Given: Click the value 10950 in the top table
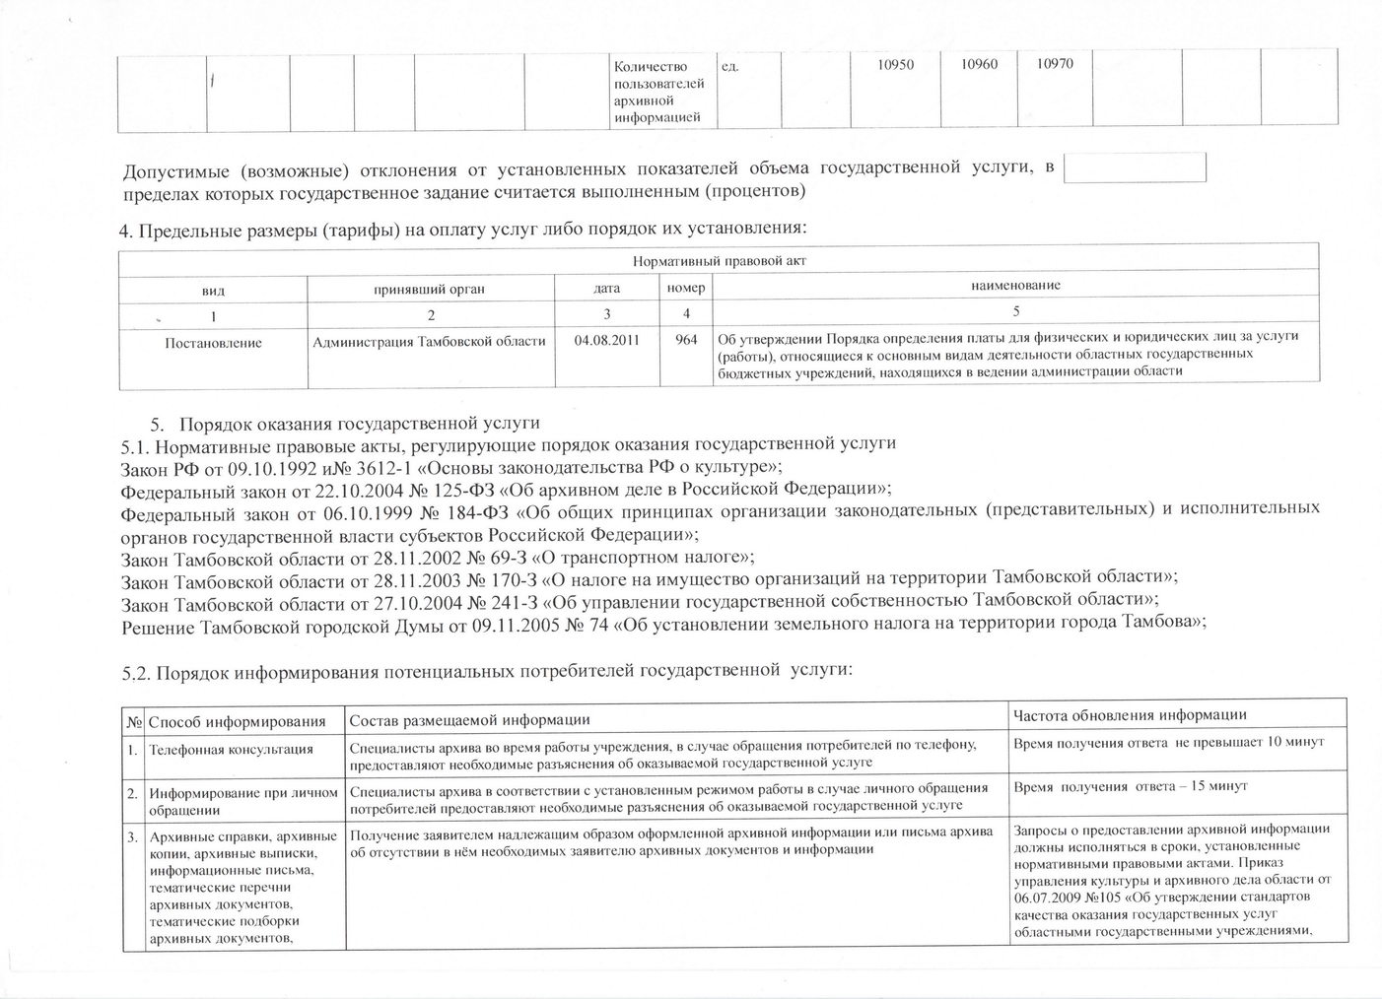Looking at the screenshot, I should pyautogui.click(x=896, y=64).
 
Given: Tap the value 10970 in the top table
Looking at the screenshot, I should pyautogui.click(x=1055, y=64).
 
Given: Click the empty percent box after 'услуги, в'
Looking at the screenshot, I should pyautogui.click(x=1135, y=167).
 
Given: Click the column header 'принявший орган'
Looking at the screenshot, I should pyautogui.click(x=429, y=289).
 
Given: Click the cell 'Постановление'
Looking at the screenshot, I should pyautogui.click(x=213, y=343).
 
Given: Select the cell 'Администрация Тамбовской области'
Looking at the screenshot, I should pyautogui.click(x=429, y=342).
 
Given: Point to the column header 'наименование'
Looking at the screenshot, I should pyautogui.click(x=1015, y=286).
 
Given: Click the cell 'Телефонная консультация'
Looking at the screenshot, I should pyautogui.click(x=231, y=750).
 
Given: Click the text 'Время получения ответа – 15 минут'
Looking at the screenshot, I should pyautogui.click(x=1130, y=786).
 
